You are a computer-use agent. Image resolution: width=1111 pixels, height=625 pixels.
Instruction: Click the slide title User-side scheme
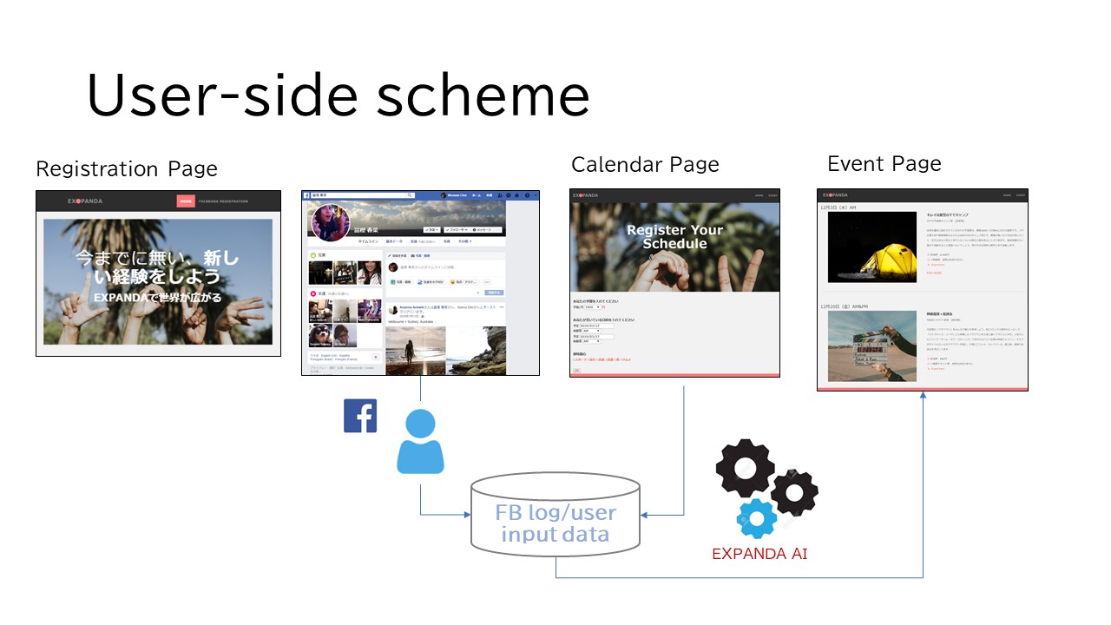[339, 95]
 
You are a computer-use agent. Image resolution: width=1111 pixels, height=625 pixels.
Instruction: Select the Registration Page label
[127, 168]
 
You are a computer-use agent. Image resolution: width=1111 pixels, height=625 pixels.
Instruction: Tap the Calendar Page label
[645, 164]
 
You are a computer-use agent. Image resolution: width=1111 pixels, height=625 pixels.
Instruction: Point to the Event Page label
[884, 163]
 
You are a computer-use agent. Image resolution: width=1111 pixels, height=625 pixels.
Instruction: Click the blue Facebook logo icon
[360, 416]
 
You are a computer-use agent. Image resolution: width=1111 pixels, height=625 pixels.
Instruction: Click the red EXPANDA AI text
[759, 554]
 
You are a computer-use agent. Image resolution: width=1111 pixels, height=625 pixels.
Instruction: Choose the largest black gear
[744, 468]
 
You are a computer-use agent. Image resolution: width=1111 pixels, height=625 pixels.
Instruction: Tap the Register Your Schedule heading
[674, 236]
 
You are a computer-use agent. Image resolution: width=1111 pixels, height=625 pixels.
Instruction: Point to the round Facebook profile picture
[331, 222]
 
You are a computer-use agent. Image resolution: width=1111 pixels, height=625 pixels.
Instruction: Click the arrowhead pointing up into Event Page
[922, 396]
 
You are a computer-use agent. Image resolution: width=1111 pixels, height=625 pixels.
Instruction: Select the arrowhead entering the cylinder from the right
[644, 515]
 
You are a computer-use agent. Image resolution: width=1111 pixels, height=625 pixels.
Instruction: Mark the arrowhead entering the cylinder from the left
[466, 515]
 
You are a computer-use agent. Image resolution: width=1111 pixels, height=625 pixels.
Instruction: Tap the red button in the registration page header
[186, 201]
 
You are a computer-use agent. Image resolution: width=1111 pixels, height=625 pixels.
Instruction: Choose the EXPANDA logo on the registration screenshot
[85, 201]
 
